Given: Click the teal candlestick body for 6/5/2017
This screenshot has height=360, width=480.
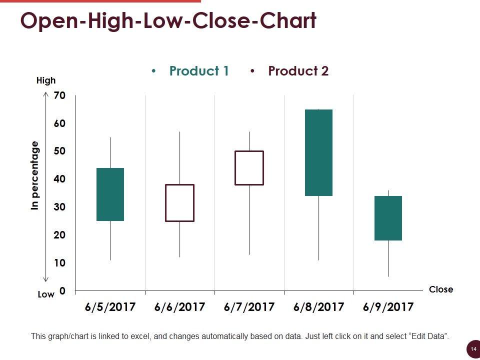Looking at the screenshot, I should pyautogui.click(x=110, y=194).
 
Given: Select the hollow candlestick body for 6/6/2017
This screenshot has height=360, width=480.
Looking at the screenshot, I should pyautogui.click(x=179, y=202).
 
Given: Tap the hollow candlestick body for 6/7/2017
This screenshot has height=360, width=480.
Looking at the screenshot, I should pyautogui.click(x=249, y=167).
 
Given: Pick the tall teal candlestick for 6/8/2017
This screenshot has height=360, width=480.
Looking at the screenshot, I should pyautogui.click(x=318, y=152).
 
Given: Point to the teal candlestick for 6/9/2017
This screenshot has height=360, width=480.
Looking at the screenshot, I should pyautogui.click(x=388, y=218).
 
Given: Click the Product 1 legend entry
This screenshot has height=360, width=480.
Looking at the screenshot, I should pyautogui.click(x=198, y=71).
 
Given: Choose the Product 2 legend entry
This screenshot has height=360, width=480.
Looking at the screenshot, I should pyautogui.click(x=298, y=71).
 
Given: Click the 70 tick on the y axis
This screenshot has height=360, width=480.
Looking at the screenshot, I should pyautogui.click(x=59, y=95).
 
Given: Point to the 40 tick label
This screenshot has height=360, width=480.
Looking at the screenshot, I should pyautogui.click(x=59, y=179).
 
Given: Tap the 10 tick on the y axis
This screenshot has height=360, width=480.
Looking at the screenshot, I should pyautogui.click(x=59, y=263).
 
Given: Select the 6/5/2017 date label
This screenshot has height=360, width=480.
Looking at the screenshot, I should pyautogui.click(x=110, y=307).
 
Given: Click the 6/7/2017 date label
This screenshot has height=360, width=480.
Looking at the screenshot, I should pyautogui.click(x=249, y=307).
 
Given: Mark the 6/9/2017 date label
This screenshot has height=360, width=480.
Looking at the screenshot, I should pyautogui.click(x=388, y=307).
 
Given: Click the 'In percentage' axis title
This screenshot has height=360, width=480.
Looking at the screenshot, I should pyautogui.click(x=34, y=175).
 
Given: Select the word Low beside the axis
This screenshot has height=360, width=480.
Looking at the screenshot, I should pyautogui.click(x=46, y=294).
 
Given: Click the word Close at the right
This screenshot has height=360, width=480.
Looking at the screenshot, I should pyautogui.click(x=440, y=289).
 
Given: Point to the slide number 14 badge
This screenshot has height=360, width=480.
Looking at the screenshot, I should pyautogui.click(x=472, y=348).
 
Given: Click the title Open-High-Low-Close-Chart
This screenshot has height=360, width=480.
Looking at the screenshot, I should pyautogui.click(x=168, y=21).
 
